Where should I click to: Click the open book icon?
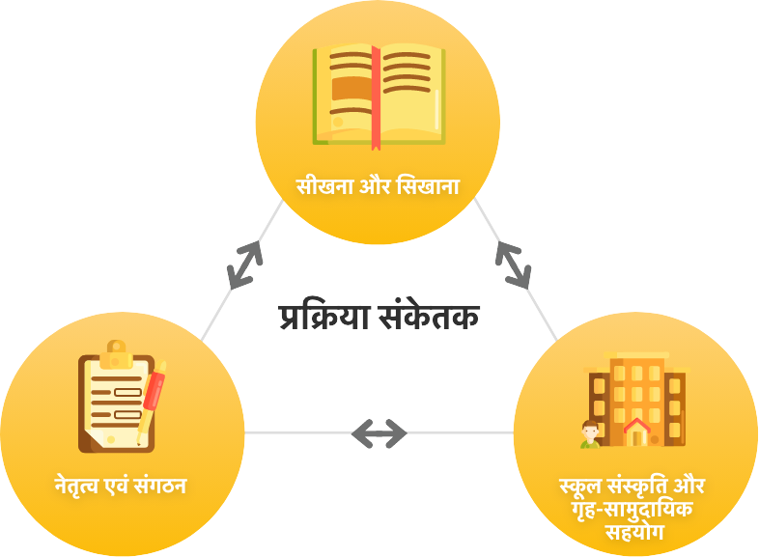pyautogui.click(x=379, y=95)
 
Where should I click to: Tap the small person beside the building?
pyautogui.click(x=587, y=435)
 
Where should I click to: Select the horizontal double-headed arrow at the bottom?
pyautogui.click(x=379, y=433)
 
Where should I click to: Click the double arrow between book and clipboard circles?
pyautogui.click(x=246, y=263)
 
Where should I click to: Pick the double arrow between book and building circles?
pyautogui.click(x=513, y=264)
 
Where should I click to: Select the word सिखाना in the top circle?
pyautogui.click(x=428, y=184)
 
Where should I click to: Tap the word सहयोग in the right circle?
pyautogui.click(x=634, y=530)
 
